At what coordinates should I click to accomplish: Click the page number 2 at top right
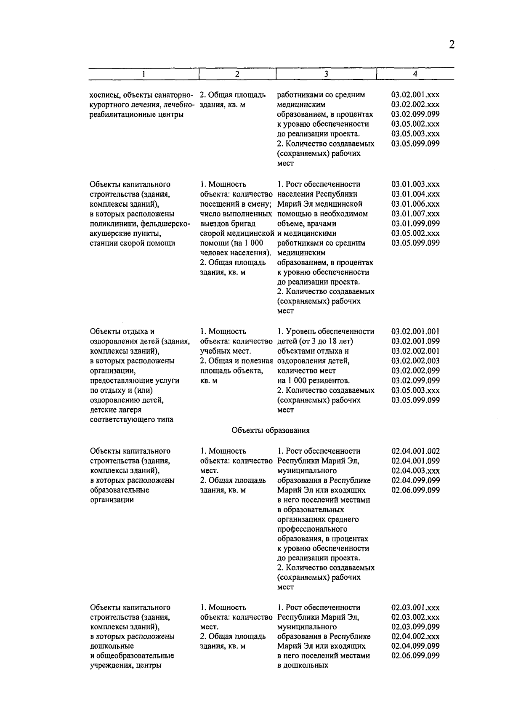click(x=452, y=45)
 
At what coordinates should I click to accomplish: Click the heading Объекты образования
click(x=271, y=430)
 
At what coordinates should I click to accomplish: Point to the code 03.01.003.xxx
click(x=415, y=184)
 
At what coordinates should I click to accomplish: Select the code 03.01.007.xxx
click(x=415, y=214)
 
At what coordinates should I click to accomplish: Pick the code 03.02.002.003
click(x=415, y=361)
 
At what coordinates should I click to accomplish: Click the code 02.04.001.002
click(x=415, y=451)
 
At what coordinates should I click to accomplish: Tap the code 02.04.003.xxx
click(x=415, y=471)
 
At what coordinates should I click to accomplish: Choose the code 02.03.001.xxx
click(x=415, y=607)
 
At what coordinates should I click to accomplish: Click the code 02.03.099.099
click(x=415, y=627)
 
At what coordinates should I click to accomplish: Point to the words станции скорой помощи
click(x=133, y=243)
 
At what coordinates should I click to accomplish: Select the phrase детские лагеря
click(x=116, y=410)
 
